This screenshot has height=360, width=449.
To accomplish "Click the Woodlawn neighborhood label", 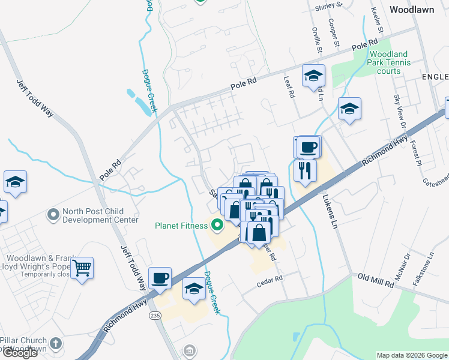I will tap(411, 10).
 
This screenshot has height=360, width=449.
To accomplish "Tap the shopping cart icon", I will tap(82, 268).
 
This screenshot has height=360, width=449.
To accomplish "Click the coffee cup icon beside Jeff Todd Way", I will tap(160, 278).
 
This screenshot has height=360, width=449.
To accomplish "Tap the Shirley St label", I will tap(328, 6).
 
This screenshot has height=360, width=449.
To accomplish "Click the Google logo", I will tap(20, 353).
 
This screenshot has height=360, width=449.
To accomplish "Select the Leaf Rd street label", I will tap(289, 90).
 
